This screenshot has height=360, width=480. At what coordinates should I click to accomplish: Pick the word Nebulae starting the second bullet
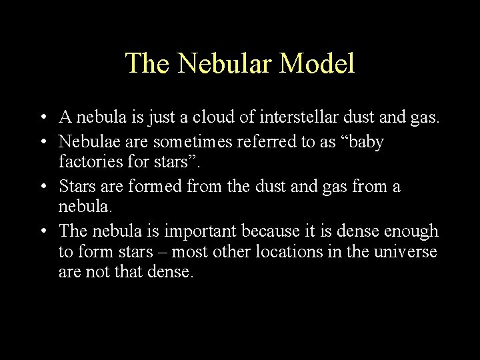[87, 142]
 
